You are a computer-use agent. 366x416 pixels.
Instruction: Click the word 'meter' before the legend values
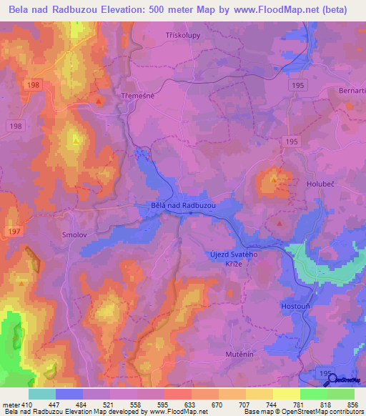11,404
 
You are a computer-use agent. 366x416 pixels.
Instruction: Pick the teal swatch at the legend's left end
42,394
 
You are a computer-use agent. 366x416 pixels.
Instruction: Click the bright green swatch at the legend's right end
341,394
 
